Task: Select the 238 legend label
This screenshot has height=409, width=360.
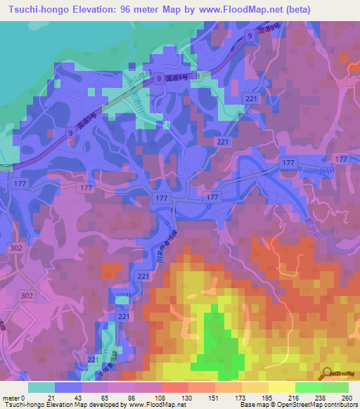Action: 321,397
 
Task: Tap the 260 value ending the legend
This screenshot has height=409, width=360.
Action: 347,397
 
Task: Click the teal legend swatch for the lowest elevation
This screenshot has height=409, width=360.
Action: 41,387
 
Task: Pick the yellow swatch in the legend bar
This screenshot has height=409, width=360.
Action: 281,387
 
